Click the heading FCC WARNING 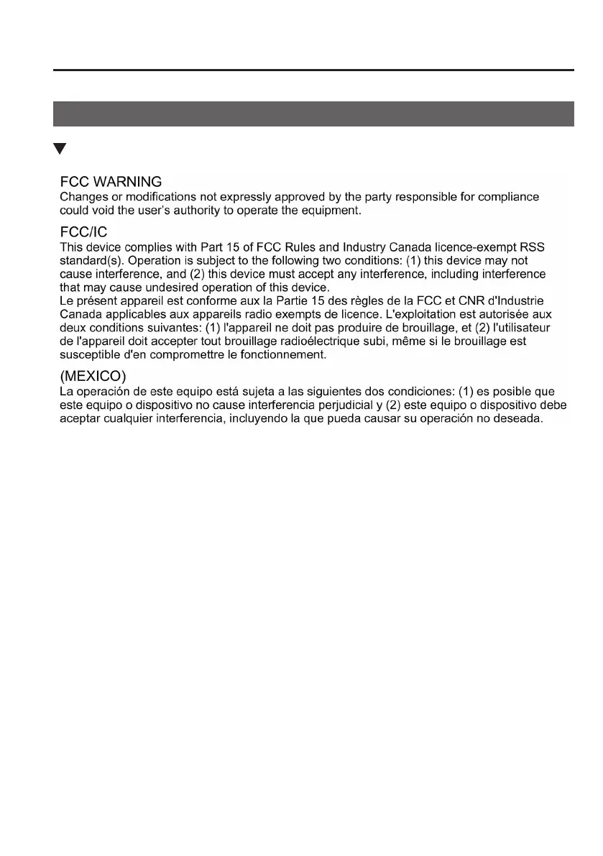tap(111, 182)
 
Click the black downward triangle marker tap(60, 149)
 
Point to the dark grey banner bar tap(314, 114)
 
